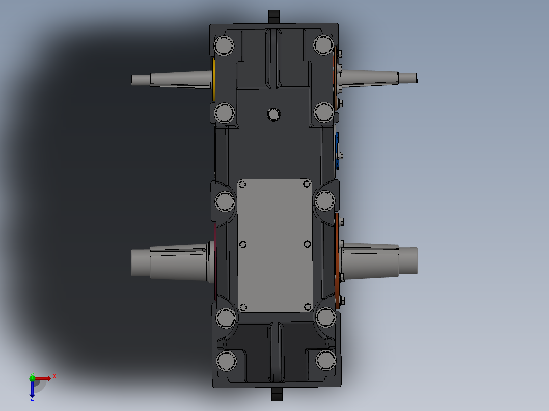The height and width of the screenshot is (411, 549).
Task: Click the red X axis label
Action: [54, 376]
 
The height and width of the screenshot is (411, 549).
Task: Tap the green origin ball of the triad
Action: [32, 378]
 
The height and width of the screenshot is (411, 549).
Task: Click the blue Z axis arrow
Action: [32, 389]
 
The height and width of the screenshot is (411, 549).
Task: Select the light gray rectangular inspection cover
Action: [275, 245]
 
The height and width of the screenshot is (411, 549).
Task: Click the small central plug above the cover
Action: [273, 114]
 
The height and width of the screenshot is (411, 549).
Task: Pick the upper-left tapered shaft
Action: [172, 79]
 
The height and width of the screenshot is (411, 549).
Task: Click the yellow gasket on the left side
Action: [213, 79]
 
